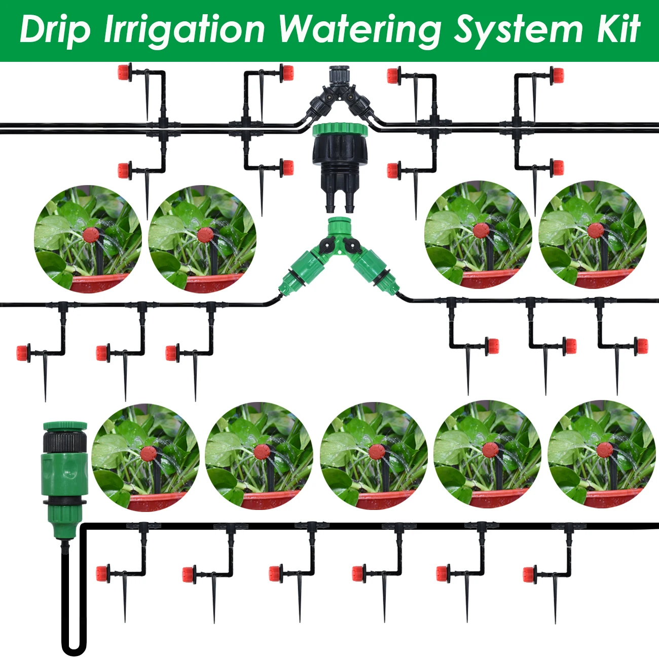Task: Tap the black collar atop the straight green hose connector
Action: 64,442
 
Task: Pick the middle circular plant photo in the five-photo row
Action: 374,456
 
